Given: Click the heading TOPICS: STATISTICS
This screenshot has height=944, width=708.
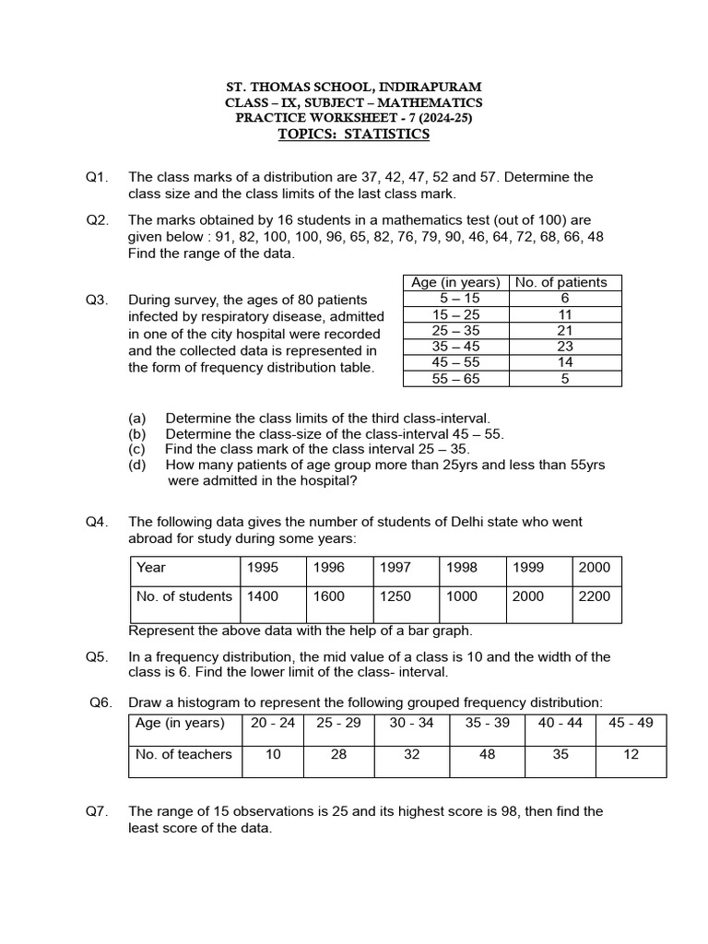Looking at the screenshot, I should point(354,135).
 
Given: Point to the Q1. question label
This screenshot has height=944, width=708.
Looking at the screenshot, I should point(98,177).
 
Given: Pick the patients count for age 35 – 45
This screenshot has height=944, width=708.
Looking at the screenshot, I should point(566,347).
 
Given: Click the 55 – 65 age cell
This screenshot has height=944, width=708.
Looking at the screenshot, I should point(456,378).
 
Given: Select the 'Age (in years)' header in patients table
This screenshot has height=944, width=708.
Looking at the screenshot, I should point(456,283).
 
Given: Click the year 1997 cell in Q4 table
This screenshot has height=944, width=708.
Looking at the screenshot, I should point(395,568).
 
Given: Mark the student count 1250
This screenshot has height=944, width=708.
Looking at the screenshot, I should point(395,596).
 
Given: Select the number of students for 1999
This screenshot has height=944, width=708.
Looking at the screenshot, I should point(528,596).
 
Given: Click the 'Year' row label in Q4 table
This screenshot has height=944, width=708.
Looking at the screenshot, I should point(151,568).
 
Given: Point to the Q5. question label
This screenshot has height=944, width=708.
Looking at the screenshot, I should point(98,656).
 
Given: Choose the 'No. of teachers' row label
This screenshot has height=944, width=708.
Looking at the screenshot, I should point(184,755).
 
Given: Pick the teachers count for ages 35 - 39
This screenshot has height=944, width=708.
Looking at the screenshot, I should point(487,755).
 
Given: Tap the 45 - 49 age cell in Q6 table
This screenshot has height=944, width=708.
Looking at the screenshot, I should point(631,723).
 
